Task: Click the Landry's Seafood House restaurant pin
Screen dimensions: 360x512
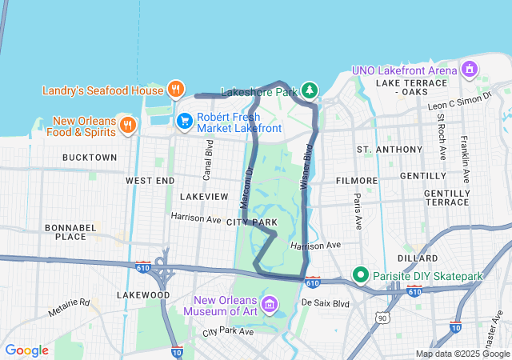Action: (177, 90)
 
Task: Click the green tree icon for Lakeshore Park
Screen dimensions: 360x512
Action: (309, 91)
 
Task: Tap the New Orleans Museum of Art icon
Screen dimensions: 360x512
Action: (270, 304)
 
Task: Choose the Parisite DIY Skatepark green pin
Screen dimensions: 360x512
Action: (361, 276)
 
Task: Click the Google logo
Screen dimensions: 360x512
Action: (26, 350)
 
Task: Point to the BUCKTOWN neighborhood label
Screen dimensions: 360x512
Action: (89, 158)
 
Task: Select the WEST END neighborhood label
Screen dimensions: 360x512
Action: (150, 181)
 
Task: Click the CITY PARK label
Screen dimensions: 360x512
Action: (251, 222)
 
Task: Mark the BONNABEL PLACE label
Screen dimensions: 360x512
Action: (65, 232)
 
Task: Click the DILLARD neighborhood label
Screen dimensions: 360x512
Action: (416, 258)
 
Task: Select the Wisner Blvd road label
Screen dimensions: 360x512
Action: (306, 161)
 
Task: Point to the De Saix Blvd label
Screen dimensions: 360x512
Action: (326, 304)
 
